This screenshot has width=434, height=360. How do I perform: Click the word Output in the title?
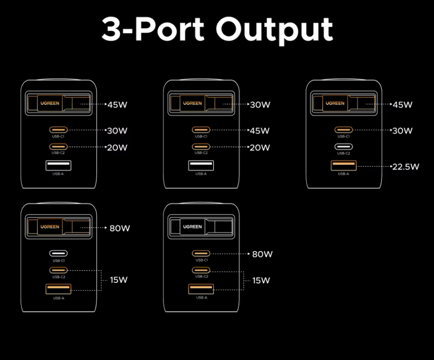(x=274, y=29)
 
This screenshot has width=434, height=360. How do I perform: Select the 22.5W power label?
(x=405, y=167)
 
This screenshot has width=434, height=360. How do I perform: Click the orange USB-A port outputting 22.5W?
(x=343, y=166)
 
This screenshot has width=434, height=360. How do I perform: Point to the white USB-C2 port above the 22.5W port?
(x=343, y=146)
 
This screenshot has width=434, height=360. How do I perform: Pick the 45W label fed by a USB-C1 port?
(x=260, y=131)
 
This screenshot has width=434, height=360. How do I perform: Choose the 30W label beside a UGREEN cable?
(x=260, y=105)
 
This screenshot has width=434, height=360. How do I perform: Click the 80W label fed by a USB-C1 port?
(x=262, y=254)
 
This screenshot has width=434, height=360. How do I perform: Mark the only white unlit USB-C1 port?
(x=58, y=253)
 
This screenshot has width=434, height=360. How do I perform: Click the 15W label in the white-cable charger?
(x=261, y=280)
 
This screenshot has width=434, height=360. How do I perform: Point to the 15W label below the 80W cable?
(x=119, y=280)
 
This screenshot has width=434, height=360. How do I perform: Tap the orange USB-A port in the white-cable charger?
(x=201, y=289)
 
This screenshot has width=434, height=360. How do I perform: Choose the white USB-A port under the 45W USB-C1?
(x=201, y=166)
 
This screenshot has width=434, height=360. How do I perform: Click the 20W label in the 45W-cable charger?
(x=117, y=147)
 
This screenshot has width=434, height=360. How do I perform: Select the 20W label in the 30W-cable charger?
(x=260, y=147)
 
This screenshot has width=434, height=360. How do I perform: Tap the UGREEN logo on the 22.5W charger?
(x=335, y=103)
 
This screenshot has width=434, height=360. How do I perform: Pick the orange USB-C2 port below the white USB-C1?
(x=58, y=270)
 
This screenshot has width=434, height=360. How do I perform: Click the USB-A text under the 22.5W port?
(x=343, y=174)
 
